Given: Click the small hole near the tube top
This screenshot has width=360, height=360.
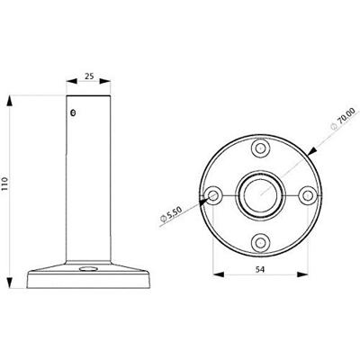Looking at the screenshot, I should (x=75, y=112).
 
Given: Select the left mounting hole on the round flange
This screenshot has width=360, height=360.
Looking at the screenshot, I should (x=214, y=194).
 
